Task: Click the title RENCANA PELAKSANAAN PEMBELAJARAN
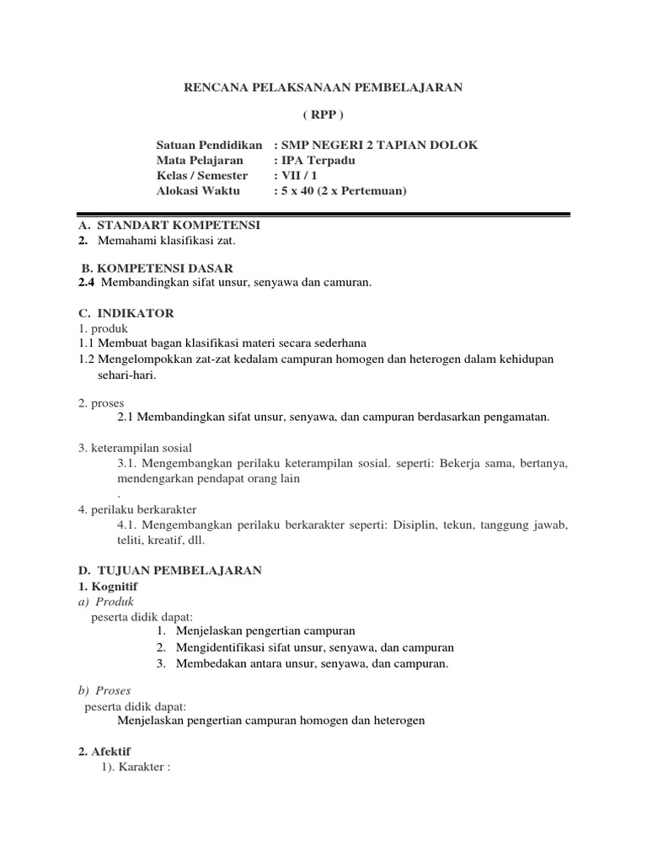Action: tap(323, 88)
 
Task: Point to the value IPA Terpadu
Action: tap(317, 160)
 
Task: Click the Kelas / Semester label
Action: tap(202, 175)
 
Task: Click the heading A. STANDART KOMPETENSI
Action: tap(169, 226)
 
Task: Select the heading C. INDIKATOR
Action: tap(126, 313)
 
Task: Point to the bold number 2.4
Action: tap(86, 283)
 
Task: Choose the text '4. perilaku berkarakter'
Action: tap(136, 509)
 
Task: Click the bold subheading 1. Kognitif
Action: tap(108, 586)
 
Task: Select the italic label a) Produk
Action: tap(105, 601)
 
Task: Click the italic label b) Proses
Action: tap(104, 690)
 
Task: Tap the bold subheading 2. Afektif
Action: tap(104, 751)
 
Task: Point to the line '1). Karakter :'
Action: tap(136, 767)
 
